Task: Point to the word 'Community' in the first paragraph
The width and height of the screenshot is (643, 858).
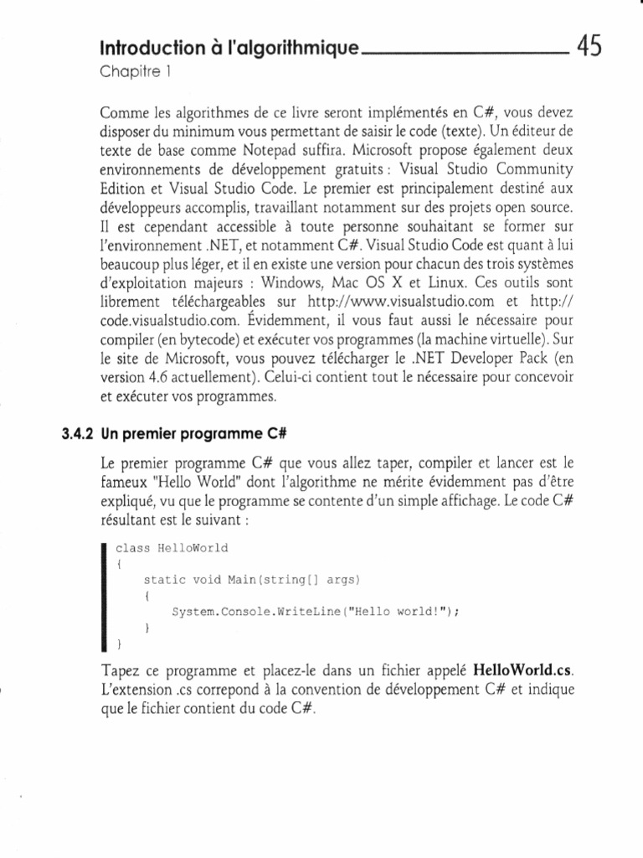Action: click(532, 170)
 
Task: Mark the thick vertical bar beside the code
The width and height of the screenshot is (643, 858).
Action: click(103, 595)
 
